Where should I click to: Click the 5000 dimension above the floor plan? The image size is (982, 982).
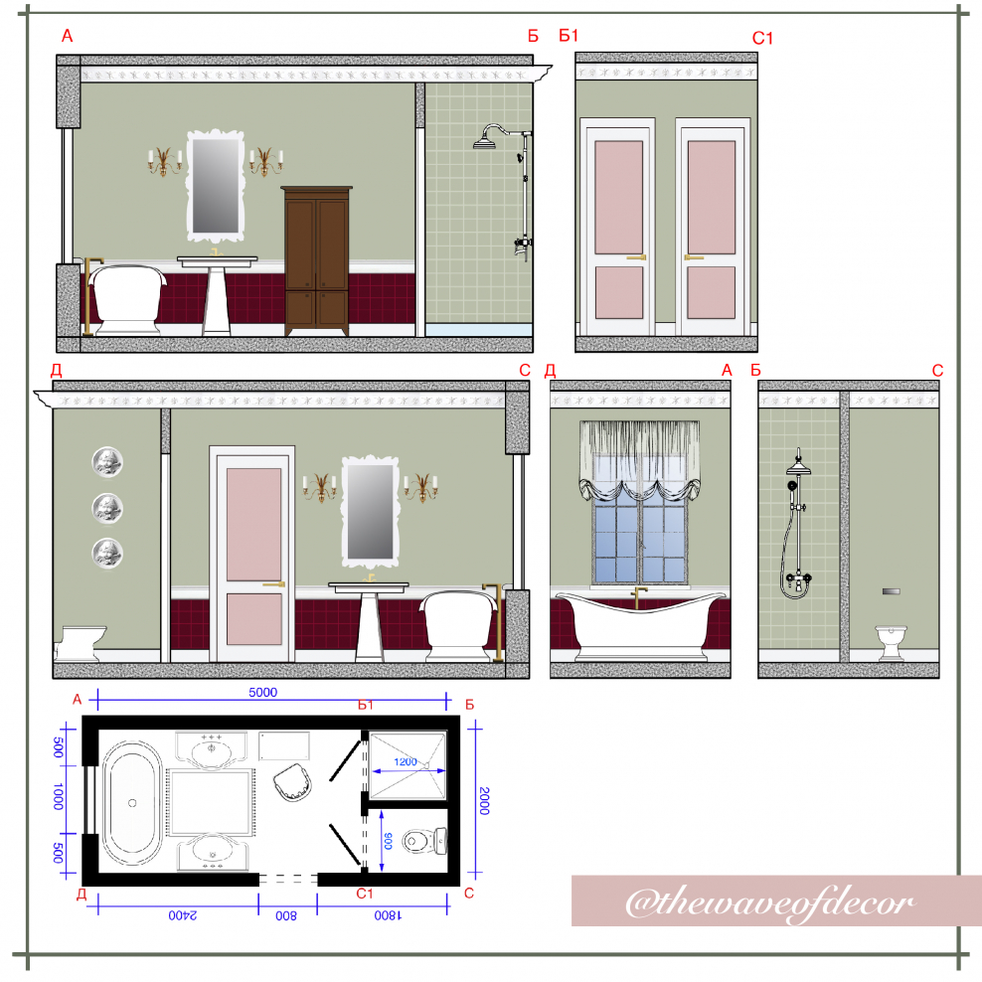tap(262, 692)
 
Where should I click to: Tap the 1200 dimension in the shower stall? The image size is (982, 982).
tap(406, 761)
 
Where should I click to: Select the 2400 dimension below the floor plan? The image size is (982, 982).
tap(182, 915)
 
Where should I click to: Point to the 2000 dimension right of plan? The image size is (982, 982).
tap(483, 801)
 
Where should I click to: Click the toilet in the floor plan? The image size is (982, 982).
tap(424, 841)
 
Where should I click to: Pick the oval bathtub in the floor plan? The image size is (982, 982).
tap(132, 803)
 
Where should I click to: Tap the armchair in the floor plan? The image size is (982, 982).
tap(292, 781)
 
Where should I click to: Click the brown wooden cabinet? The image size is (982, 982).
tap(316, 260)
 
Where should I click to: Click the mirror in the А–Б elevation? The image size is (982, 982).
tap(216, 186)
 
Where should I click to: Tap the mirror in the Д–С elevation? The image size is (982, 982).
tap(370, 511)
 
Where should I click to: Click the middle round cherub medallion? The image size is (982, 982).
tap(107, 508)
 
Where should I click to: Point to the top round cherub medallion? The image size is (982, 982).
tap(107, 462)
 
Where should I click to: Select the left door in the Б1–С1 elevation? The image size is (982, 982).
tap(618, 227)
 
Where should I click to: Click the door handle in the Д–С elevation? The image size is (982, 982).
tap(273, 584)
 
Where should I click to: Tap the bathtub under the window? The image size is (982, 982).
tap(640, 625)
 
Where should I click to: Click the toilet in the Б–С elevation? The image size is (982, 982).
tap(891, 642)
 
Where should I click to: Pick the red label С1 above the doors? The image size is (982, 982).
tap(762, 38)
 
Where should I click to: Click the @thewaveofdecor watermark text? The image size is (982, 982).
tap(769, 902)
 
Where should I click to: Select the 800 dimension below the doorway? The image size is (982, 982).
tap(286, 915)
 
